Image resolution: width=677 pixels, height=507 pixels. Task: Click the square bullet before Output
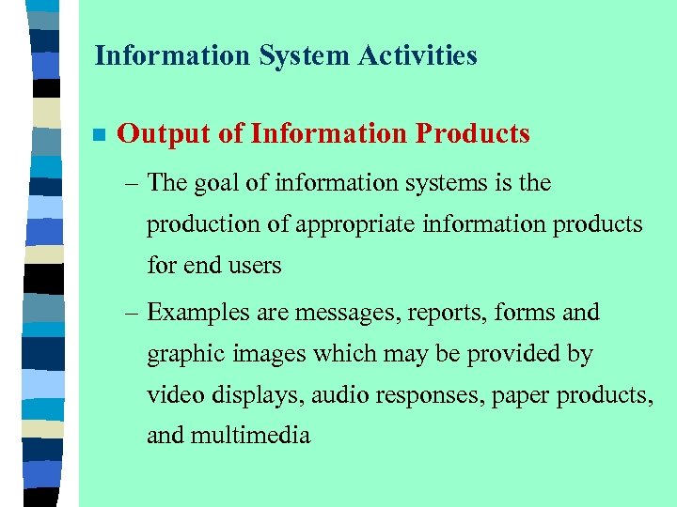point(97,135)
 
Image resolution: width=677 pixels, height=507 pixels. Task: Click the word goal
point(217,184)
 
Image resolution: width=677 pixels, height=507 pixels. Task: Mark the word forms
point(524,313)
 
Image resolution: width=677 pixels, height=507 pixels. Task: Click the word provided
point(527,355)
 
